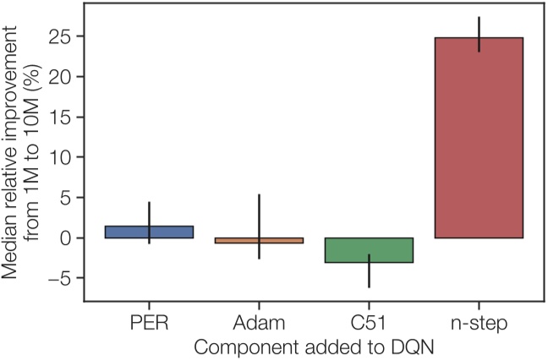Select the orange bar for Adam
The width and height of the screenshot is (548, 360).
coord(259,241)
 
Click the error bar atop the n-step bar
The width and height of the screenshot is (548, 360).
coord(479,34)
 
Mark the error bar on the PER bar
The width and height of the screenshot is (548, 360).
coord(149,222)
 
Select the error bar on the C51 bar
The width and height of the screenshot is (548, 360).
coord(369,270)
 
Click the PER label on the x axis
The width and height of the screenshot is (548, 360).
coord(149,323)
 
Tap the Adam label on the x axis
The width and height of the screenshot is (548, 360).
coord(259,323)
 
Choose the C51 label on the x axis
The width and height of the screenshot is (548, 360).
coord(369,323)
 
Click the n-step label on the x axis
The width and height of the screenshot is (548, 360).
coord(479,323)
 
